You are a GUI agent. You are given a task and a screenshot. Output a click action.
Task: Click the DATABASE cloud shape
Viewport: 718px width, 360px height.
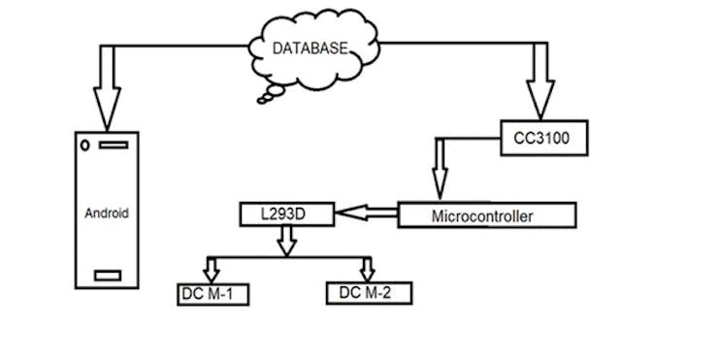pyautogui.click(x=309, y=49)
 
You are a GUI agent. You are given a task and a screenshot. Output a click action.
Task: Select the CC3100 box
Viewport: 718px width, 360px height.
pyautogui.click(x=543, y=140)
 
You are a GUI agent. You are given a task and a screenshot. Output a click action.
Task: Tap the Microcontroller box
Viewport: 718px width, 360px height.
pyautogui.click(x=487, y=214)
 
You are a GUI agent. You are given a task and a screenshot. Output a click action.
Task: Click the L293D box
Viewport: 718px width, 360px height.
pyautogui.click(x=286, y=213)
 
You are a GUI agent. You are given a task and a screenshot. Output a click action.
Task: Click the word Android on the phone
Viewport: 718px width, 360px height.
pyautogui.click(x=106, y=213)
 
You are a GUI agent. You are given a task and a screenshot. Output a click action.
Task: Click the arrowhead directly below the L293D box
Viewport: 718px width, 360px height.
pyautogui.click(x=286, y=246)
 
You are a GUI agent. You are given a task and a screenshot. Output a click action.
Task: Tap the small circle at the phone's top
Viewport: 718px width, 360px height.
pyautogui.click(x=86, y=146)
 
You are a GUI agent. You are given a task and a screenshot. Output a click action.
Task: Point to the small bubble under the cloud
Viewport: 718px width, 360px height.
pyautogui.click(x=265, y=97)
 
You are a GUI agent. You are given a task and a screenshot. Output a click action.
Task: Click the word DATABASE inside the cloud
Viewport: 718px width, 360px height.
pyautogui.click(x=309, y=47)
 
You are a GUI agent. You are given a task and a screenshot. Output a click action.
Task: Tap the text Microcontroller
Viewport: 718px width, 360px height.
pyautogui.click(x=481, y=215)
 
